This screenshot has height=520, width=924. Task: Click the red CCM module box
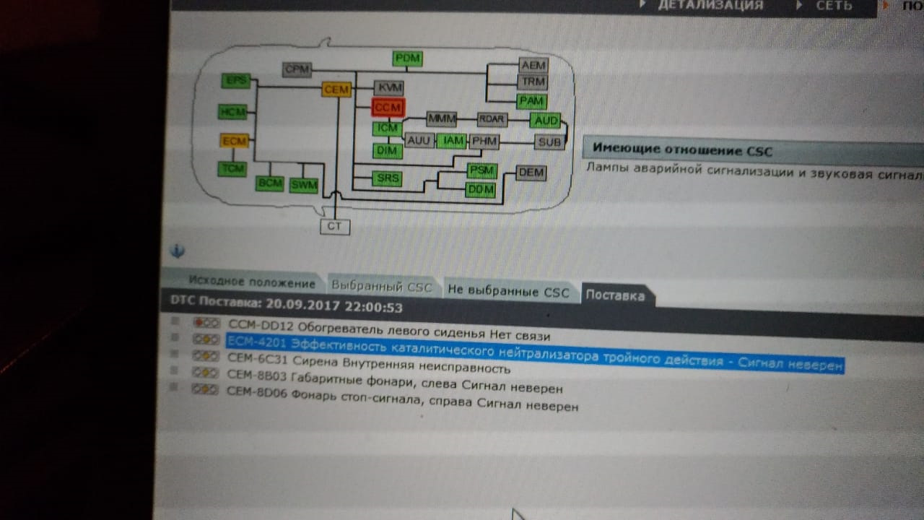(388, 108)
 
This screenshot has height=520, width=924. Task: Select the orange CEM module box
(336, 90)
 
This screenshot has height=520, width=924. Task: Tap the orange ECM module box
(235, 141)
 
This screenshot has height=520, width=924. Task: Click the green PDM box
(408, 58)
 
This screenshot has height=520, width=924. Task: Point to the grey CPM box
(297, 69)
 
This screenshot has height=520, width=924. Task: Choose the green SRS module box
(388, 178)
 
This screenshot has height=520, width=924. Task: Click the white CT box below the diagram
(334, 227)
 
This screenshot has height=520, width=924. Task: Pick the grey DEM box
(531, 173)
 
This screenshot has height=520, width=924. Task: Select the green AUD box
(545, 120)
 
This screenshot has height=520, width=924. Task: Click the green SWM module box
(304, 185)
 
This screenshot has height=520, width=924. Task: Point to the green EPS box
(235, 81)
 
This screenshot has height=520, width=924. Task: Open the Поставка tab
(614, 295)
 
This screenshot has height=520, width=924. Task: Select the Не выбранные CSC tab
(508, 292)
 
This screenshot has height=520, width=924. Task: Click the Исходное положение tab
(251, 282)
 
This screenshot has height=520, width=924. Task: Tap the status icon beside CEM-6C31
(206, 355)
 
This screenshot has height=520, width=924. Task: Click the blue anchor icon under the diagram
(178, 251)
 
